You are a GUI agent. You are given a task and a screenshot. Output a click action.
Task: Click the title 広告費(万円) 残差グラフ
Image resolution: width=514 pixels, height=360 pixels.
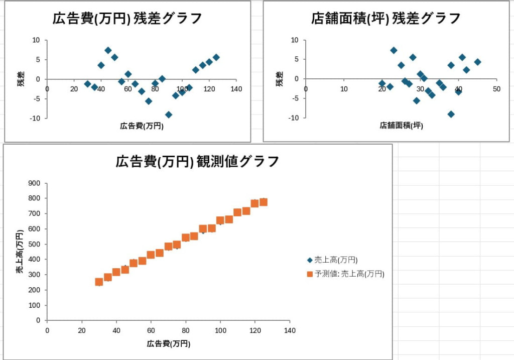(127, 19)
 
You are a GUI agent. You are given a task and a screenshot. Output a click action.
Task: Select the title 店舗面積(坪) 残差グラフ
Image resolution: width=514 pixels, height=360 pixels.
(385, 19)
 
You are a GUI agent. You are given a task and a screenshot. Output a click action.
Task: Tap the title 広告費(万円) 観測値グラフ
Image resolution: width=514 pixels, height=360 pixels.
(197, 162)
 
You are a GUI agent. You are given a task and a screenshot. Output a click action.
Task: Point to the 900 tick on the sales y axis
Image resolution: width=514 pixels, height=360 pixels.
(35, 183)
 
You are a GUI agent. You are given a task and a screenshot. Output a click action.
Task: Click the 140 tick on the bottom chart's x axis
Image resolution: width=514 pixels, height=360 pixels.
(290, 330)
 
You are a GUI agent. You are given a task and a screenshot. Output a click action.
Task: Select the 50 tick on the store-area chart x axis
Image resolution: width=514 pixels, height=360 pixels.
(496, 89)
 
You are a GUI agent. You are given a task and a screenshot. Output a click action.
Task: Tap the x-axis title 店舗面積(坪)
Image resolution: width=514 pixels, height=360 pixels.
(401, 126)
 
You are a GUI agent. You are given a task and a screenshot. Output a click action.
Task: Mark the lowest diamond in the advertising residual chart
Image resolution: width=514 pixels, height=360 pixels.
(169, 115)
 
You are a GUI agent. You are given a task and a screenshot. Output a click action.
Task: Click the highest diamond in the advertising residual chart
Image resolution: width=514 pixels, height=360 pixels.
(108, 50)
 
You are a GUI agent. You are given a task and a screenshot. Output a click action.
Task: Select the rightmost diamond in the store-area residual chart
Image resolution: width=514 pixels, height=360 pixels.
(477, 62)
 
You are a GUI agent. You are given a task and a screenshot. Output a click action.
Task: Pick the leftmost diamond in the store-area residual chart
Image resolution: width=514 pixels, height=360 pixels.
(382, 83)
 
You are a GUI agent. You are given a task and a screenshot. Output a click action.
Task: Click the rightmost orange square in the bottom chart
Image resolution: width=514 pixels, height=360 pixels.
(263, 202)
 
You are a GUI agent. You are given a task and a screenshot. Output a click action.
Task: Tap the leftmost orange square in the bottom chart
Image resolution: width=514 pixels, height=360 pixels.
(99, 282)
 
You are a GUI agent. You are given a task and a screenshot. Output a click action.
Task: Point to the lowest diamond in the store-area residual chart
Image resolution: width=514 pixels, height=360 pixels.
(451, 114)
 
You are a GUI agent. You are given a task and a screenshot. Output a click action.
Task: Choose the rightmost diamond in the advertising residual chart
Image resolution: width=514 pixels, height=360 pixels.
(216, 57)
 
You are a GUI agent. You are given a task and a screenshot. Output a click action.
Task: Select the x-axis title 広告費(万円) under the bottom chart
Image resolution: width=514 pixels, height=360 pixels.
(169, 344)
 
